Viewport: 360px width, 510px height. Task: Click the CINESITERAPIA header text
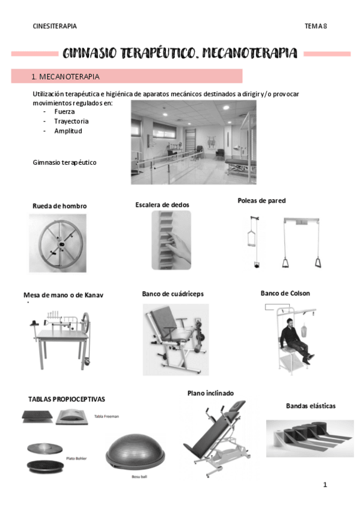55,26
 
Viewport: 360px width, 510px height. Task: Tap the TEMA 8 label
316,26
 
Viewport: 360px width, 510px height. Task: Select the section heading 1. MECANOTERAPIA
66,77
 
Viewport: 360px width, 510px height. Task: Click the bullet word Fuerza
64,112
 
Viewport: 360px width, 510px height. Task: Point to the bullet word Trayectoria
71,121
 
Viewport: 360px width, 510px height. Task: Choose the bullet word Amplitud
68,131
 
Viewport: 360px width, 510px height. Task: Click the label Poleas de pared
261,201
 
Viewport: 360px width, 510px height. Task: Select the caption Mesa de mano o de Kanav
63,295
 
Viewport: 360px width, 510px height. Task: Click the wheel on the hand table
85,322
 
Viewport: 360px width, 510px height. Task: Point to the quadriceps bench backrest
163,321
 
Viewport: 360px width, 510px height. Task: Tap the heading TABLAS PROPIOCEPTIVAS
67,399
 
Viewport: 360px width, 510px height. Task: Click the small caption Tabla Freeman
106,416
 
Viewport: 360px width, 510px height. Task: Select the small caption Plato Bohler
76,458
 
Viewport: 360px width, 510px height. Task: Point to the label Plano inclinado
210,393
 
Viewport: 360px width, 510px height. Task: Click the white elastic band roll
279,438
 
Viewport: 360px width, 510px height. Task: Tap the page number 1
325,485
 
